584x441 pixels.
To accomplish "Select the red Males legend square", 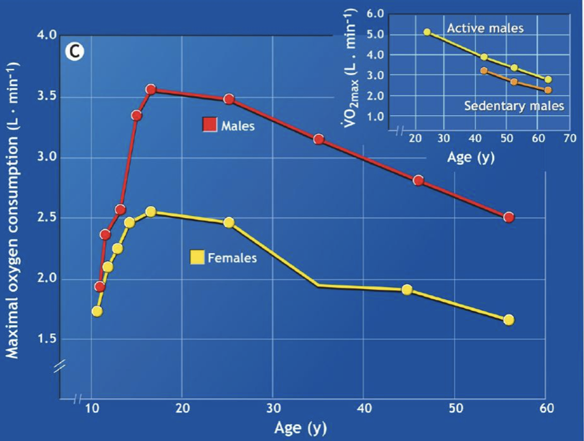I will [209, 125].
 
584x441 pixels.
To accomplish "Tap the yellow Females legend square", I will [197, 257].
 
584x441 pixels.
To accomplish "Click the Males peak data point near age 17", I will [151, 89].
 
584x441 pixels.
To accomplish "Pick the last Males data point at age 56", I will [508, 217].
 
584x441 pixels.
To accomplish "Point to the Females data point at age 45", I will [407, 289].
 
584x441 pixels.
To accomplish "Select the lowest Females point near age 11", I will [97, 311].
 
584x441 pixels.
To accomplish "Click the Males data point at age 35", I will [319, 139].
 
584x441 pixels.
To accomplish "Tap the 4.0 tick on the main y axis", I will [46, 35].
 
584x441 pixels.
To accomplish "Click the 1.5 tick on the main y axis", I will [46, 339].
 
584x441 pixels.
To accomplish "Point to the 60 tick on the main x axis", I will [545, 409].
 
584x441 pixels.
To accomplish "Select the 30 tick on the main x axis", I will [272, 409].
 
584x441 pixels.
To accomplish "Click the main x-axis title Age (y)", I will [299, 429].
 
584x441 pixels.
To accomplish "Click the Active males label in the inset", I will [485, 28].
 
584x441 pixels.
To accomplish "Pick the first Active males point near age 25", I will [427, 32].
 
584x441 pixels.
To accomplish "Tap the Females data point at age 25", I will [229, 222].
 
